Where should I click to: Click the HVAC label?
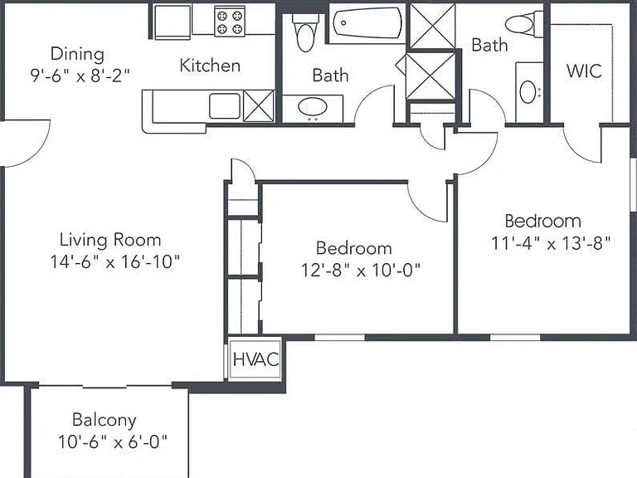[256, 358]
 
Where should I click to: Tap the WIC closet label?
[584, 71]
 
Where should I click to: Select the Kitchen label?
[210, 66]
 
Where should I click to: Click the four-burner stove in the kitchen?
[230, 22]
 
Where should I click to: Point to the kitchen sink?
[225, 106]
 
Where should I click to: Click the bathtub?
[367, 22]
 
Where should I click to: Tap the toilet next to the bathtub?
[304, 32]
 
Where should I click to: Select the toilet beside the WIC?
[524, 22]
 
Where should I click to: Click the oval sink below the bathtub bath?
[313, 107]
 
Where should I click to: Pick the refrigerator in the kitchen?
[173, 22]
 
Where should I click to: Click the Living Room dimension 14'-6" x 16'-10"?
[114, 261]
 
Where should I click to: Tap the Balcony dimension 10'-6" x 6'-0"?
[113, 441]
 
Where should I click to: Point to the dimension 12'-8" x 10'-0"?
[360, 270]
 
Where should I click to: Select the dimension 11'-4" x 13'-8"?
[551, 243]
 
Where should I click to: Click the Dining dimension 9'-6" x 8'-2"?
[80, 76]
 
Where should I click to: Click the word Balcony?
[104, 420]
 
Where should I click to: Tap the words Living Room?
[110, 240]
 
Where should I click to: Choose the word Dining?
[77, 54]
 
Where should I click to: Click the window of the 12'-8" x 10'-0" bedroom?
[339, 338]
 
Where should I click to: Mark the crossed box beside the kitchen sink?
[259, 105]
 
